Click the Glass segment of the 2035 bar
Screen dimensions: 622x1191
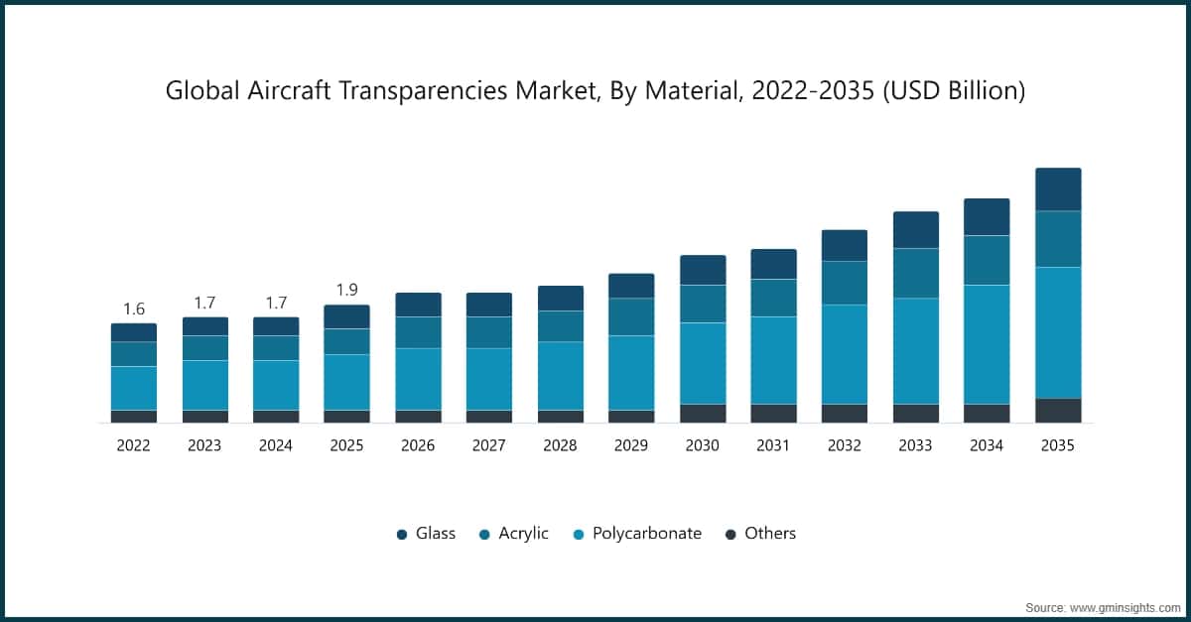click(1057, 189)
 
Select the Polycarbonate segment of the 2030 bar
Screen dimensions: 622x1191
click(703, 363)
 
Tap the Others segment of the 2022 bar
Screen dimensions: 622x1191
click(133, 417)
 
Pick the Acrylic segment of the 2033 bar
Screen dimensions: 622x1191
click(915, 273)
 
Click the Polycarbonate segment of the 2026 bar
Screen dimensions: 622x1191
click(418, 379)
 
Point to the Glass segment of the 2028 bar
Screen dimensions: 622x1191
click(560, 299)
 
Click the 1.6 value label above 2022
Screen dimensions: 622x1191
click(133, 309)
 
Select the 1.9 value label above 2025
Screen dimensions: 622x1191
click(346, 290)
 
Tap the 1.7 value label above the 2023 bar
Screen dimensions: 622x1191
click(204, 303)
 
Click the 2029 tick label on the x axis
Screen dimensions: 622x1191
click(631, 446)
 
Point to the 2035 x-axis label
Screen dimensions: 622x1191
click(1057, 446)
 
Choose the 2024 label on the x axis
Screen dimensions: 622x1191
click(275, 446)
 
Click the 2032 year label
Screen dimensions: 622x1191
click(845, 446)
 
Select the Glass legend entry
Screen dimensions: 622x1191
click(426, 534)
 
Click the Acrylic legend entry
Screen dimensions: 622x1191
click(513, 534)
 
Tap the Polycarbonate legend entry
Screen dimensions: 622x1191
click(637, 534)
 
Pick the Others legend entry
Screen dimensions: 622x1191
click(760, 534)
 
